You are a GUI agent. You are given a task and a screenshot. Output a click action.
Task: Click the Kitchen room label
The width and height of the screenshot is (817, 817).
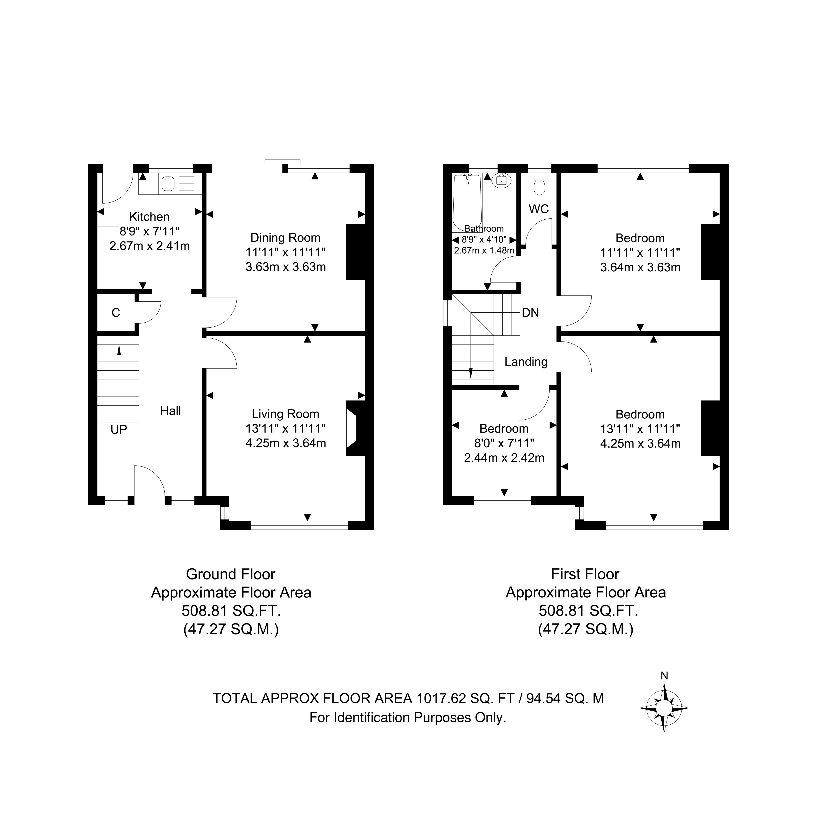point(149,217)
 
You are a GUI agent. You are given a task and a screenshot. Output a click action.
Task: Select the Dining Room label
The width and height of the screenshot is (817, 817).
point(285,238)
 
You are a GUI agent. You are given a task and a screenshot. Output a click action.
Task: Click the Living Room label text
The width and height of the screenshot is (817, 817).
point(285,414)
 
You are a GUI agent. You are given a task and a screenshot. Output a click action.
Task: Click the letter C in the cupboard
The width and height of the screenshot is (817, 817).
point(116,313)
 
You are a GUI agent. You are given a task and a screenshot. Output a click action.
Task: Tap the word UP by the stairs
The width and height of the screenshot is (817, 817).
point(119,430)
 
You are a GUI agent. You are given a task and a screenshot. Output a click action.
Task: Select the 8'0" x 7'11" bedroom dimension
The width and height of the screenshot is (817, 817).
point(504,443)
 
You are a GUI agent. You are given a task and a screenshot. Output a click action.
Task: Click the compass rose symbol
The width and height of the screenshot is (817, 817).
point(664,708)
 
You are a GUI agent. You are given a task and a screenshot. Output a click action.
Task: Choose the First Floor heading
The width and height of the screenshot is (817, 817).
point(585,574)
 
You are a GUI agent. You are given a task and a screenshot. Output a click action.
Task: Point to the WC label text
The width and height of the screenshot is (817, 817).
point(539,209)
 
